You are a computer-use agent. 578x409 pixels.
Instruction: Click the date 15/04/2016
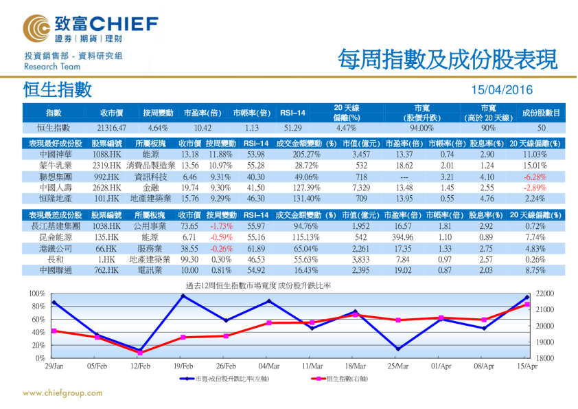(502, 90)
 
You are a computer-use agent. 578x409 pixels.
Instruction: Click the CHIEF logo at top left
(89, 28)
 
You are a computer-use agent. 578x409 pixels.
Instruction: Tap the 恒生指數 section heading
(57, 89)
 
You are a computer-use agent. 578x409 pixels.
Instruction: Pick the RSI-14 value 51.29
(292, 128)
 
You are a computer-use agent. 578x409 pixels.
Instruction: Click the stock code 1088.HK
(107, 155)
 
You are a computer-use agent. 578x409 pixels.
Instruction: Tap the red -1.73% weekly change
(221, 225)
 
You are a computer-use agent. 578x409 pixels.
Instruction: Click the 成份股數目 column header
(541, 112)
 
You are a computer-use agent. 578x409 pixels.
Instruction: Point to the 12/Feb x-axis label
(140, 366)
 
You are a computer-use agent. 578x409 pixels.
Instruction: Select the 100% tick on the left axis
(37, 294)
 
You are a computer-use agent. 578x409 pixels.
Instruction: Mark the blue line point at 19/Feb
(183, 296)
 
